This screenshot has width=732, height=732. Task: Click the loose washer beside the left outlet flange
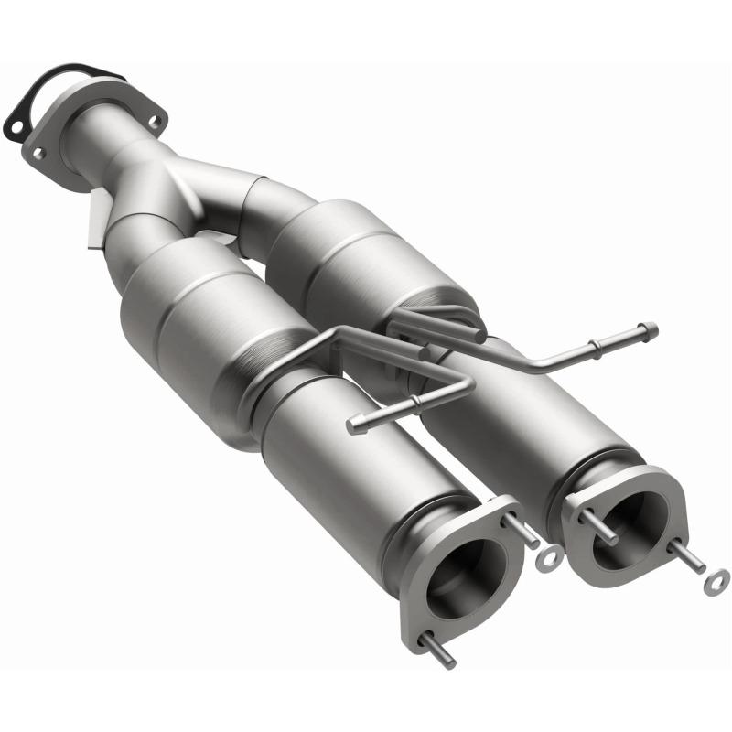pyautogui.click(x=552, y=556)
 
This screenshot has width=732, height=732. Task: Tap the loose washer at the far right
pyautogui.click(x=719, y=577)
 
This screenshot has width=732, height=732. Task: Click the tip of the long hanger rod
pyautogui.click(x=651, y=328)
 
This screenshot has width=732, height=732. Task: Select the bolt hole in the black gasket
pyautogui.click(x=16, y=118)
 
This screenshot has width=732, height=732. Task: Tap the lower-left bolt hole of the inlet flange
pyautogui.click(x=38, y=154)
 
